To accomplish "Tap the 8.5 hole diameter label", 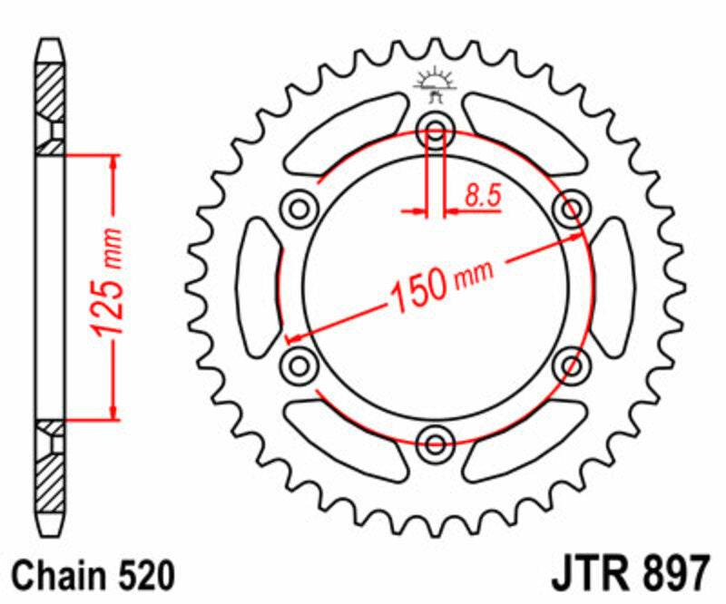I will [x=483, y=195].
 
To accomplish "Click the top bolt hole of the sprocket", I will [x=436, y=132].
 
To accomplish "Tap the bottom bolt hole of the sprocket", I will [x=436, y=443].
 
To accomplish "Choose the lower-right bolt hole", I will [x=572, y=366].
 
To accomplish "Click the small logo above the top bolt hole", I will [x=435, y=84].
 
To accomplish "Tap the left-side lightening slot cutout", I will [x=258, y=288].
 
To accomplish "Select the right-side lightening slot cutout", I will [x=613, y=288].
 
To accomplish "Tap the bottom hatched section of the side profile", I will [x=51, y=481].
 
